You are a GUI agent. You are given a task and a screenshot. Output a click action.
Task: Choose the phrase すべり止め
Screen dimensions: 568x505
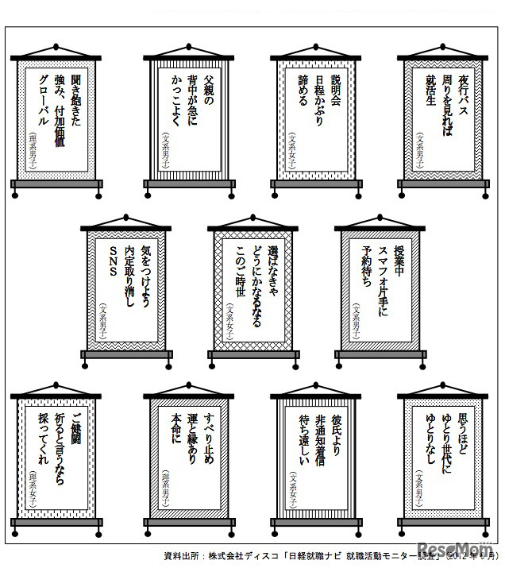tap(207, 436)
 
